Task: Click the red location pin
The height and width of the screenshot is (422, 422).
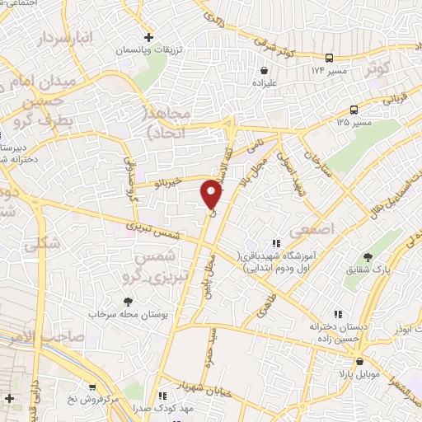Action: point(212,194)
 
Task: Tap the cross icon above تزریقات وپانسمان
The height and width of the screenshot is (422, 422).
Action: point(148,37)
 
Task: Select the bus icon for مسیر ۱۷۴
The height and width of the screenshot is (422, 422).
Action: point(329,58)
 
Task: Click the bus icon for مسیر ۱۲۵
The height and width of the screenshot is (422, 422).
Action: point(354,110)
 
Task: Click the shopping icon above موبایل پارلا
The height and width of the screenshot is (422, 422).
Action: point(359,362)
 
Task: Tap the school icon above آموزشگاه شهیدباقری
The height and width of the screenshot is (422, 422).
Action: point(275,243)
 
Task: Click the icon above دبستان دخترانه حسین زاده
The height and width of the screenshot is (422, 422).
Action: point(337,313)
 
